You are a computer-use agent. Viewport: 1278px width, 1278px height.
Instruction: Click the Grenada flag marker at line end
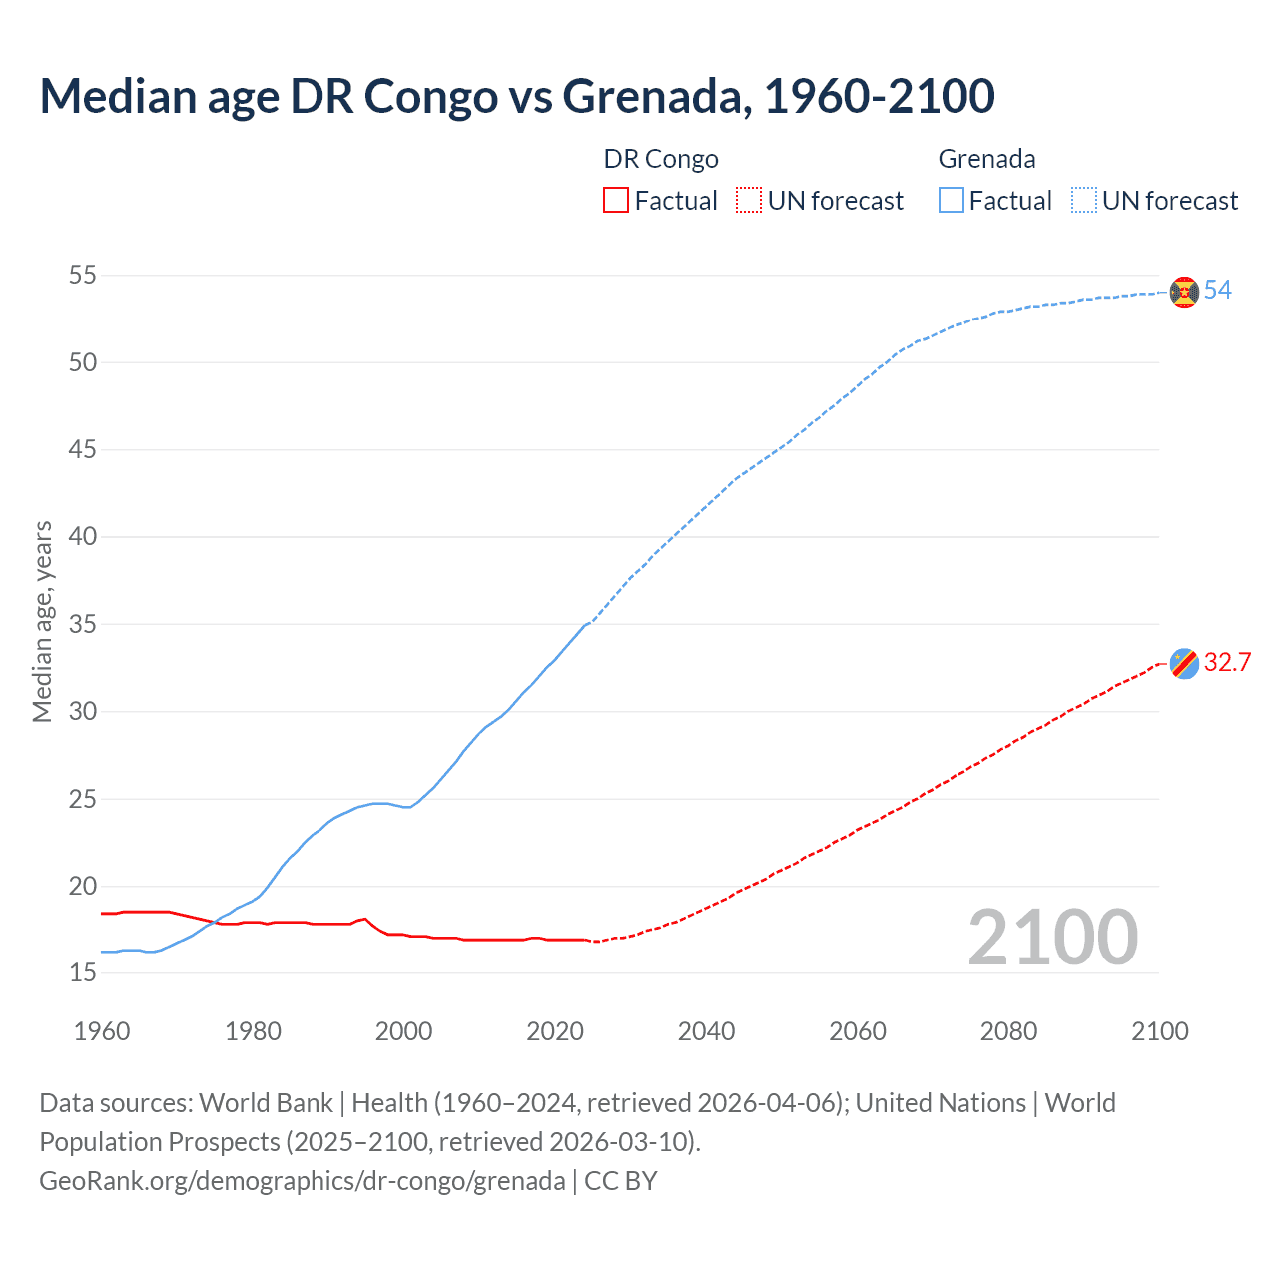[x=1184, y=292]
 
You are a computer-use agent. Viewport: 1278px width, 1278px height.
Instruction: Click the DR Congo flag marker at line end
[x=1184, y=663]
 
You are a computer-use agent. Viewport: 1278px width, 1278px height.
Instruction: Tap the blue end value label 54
[x=1217, y=291]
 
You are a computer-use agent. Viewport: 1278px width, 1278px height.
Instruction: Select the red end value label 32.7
[x=1227, y=663]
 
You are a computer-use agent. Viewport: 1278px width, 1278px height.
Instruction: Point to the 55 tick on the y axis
[x=83, y=275]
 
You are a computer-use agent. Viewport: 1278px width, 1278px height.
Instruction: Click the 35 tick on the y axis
[x=83, y=624]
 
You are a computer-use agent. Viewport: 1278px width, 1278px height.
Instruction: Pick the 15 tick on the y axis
[x=83, y=972]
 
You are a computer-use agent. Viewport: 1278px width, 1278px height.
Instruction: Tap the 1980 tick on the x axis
[x=253, y=1031]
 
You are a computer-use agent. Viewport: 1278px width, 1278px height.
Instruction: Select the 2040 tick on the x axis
[x=706, y=1031]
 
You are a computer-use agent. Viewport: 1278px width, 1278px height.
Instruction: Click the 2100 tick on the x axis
[x=1159, y=1031]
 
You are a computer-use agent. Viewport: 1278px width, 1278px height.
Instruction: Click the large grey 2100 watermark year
[x=1052, y=938]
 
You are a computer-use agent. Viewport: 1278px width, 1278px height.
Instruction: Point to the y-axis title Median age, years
[x=42, y=621]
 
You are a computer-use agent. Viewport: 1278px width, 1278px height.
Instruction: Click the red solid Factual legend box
[x=616, y=201]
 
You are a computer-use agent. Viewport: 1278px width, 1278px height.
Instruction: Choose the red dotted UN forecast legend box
[x=749, y=201]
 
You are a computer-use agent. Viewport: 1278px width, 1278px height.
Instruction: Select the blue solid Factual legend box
[x=952, y=201]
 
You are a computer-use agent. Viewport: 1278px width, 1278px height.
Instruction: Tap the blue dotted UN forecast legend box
[x=1084, y=201]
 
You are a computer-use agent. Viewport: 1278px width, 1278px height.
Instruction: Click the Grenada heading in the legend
[x=986, y=159]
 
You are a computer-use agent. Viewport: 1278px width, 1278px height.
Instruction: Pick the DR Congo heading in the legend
[x=661, y=159]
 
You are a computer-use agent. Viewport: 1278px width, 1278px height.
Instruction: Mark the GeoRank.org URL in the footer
[x=303, y=1181]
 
